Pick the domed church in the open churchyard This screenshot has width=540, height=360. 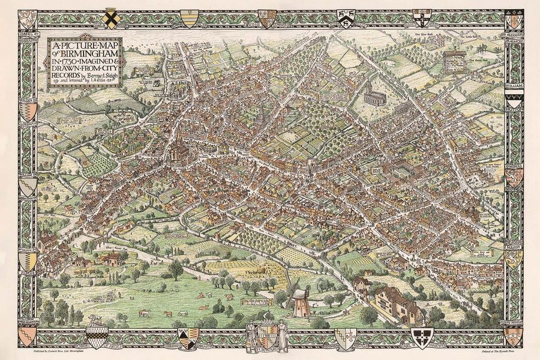pos(375,95)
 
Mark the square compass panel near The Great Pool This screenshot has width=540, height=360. pos(454,61)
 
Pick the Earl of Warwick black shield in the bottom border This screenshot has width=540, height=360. pos(421,338)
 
